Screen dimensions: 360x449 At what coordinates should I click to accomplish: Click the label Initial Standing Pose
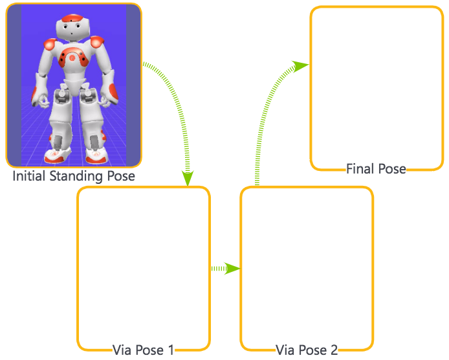pyautogui.click(x=74, y=175)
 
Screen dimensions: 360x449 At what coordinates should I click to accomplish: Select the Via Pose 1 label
pyautogui.click(x=143, y=350)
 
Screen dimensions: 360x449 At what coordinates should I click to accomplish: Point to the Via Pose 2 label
pyautogui.click(x=306, y=350)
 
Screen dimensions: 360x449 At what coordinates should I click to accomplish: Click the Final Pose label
pyautogui.click(x=376, y=169)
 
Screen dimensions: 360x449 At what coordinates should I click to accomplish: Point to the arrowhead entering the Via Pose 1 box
pyautogui.click(x=188, y=178)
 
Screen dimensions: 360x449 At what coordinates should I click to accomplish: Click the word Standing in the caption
pyautogui.click(x=76, y=175)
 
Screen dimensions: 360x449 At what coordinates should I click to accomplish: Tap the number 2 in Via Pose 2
pyautogui.click(x=334, y=350)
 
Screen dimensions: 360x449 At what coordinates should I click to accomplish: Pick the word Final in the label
pyautogui.click(x=361, y=169)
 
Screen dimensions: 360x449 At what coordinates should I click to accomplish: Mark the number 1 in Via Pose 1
pyautogui.click(x=171, y=350)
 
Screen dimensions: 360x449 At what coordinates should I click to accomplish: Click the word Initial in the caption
pyautogui.click(x=30, y=175)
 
